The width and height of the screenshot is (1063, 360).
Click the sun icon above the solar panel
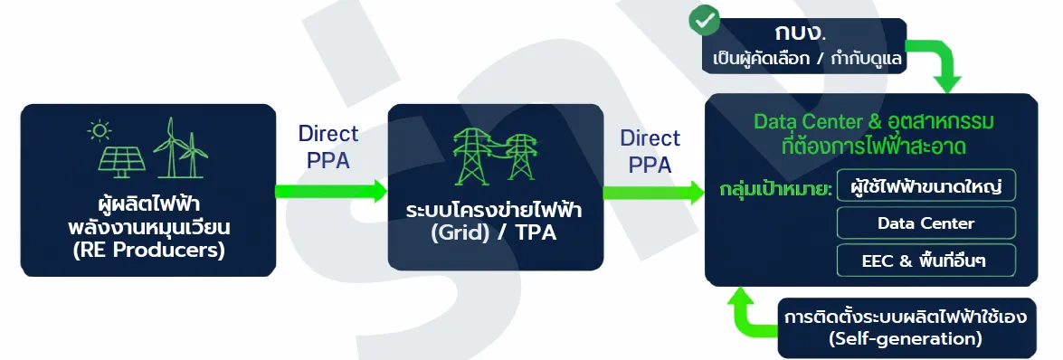click(x=99, y=131)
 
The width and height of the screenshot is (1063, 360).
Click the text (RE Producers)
click(x=148, y=251)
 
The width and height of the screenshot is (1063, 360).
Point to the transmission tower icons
click(x=496, y=155)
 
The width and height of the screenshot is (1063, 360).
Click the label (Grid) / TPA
click(x=494, y=232)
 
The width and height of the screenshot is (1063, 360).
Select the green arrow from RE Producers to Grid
click(x=331, y=191)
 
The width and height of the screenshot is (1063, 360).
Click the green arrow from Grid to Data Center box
click(x=653, y=192)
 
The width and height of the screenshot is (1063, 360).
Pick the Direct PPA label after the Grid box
click(x=650, y=151)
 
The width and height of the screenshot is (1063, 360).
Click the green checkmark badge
click(x=705, y=21)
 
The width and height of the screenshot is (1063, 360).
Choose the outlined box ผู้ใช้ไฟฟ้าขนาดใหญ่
click(x=926, y=185)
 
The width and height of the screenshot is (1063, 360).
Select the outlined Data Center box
click(x=926, y=223)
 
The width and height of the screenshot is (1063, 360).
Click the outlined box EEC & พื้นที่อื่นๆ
click(x=926, y=261)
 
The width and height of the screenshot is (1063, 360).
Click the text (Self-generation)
click(x=906, y=337)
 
